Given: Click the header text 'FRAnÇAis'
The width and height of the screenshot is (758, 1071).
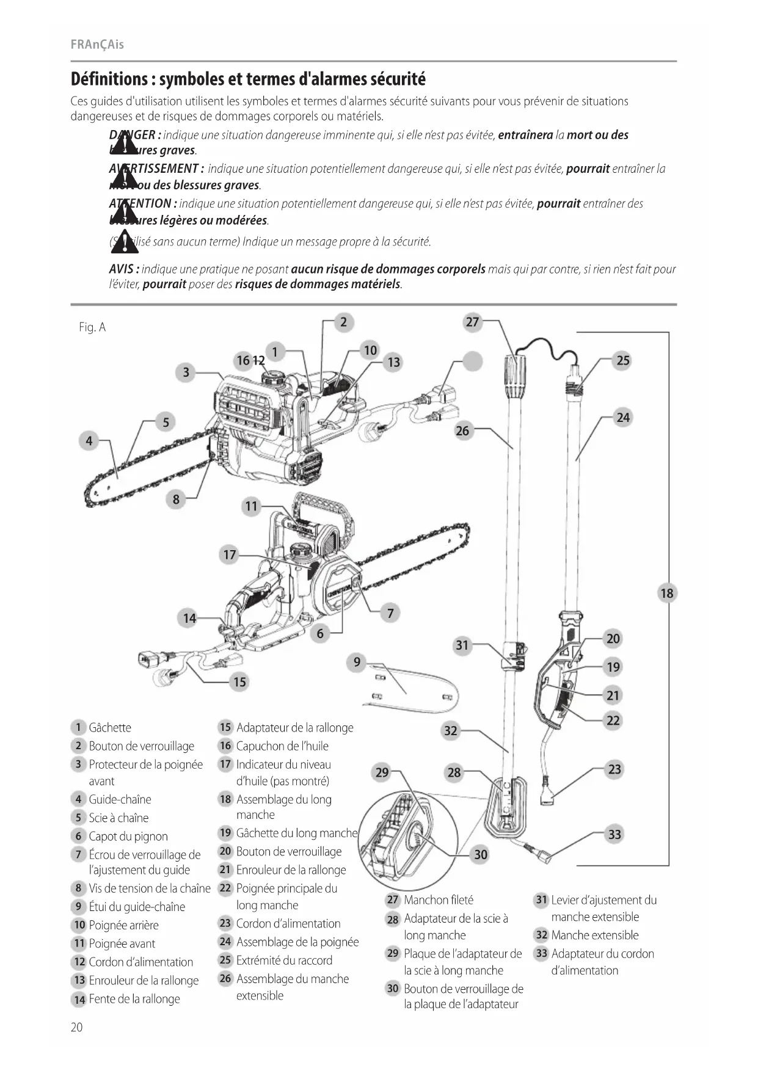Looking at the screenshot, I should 97,45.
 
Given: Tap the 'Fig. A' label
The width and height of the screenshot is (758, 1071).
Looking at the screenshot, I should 92,327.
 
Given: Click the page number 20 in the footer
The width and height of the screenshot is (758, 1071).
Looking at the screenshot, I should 76,1027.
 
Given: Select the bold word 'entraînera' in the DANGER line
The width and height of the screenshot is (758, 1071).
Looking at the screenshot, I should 525,135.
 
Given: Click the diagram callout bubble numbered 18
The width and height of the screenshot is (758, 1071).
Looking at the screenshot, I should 666,593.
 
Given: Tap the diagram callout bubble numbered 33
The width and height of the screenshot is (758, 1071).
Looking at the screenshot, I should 614,834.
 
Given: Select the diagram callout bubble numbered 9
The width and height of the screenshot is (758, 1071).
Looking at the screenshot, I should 357,663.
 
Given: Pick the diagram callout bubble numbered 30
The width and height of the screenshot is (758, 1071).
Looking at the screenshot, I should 481,854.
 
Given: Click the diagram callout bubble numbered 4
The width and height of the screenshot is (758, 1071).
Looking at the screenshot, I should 89,440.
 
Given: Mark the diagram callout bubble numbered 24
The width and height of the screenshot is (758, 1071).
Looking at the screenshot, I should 622,418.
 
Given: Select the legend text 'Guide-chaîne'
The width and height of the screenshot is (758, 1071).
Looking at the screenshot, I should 120,799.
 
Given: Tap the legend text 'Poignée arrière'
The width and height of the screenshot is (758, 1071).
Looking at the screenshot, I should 123,925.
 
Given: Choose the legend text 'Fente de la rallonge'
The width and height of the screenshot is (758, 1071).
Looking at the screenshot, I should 134,999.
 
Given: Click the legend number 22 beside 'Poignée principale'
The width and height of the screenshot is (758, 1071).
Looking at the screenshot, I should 225,888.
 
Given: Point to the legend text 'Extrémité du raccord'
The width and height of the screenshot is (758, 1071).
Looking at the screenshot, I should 284,960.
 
